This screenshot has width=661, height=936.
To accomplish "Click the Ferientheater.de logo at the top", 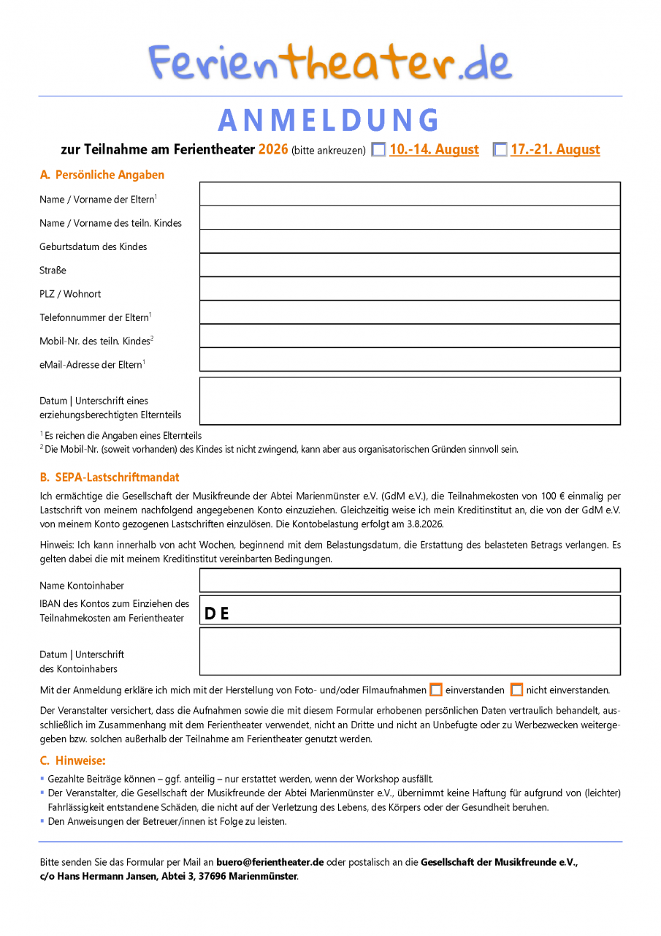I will [x=330, y=62].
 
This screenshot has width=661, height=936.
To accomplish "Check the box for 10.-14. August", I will [x=378, y=150].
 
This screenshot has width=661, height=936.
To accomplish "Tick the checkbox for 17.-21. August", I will [x=500, y=150].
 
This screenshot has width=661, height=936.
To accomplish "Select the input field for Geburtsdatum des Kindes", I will [x=410, y=241].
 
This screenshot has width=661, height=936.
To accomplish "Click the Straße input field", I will [x=410, y=265].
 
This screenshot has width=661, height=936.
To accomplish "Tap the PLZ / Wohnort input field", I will [x=410, y=289].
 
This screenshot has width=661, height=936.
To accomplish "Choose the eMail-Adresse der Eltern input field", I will [x=410, y=359].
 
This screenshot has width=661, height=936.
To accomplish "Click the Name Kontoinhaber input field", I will [x=410, y=580].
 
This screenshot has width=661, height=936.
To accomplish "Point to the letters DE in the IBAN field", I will [x=217, y=614].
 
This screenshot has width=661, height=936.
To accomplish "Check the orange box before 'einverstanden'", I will [x=436, y=690].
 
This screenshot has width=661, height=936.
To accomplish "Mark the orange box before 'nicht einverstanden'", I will [x=516, y=690].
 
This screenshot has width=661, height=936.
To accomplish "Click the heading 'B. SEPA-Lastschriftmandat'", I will [x=110, y=478].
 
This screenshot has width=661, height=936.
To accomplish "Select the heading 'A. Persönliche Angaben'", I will [x=102, y=175].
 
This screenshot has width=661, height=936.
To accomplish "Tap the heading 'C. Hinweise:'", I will [x=73, y=760].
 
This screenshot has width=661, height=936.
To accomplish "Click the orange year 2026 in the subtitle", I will [x=273, y=150].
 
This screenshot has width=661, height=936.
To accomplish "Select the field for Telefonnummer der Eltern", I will [x=410, y=312].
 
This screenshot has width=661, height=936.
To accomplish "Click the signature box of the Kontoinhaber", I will [x=410, y=651].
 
